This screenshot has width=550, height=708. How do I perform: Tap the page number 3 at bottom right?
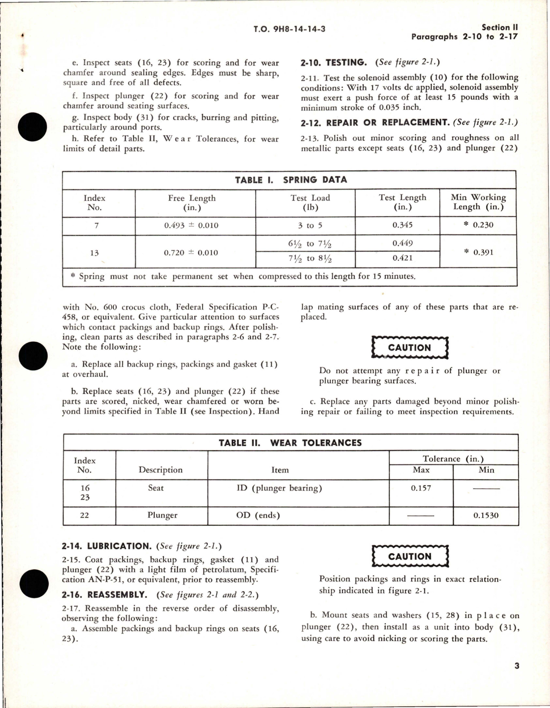(x=517, y=665)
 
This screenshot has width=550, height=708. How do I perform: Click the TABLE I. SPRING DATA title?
(x=291, y=180)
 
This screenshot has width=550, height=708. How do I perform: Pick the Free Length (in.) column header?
(x=192, y=203)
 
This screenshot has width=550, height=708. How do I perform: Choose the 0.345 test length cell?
(x=402, y=225)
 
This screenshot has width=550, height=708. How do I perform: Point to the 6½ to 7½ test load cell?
(x=310, y=244)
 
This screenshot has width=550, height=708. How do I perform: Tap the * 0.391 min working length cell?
(x=478, y=252)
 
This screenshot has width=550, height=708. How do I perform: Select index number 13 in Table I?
(x=94, y=253)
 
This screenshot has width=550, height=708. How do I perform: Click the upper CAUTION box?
(x=410, y=347)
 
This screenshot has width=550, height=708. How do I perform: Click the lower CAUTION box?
(x=410, y=556)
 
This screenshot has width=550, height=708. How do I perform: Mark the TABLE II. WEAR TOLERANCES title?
(x=290, y=443)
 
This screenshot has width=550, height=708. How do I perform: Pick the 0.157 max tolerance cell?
(x=421, y=488)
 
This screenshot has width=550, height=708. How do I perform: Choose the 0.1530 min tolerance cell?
(x=486, y=515)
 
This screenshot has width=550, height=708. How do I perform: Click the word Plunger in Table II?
(x=162, y=515)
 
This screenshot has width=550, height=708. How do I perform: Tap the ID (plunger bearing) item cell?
(x=279, y=488)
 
